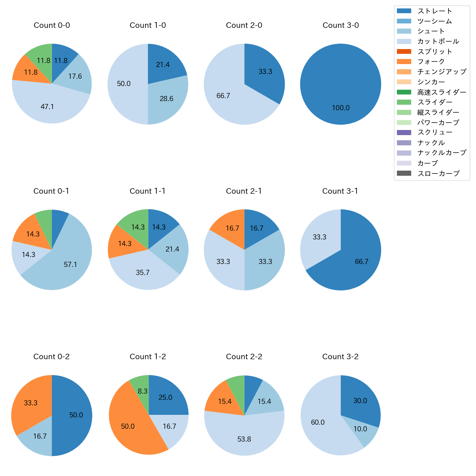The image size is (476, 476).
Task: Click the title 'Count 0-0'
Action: (x=52, y=25)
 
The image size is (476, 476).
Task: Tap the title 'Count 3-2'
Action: (x=341, y=357)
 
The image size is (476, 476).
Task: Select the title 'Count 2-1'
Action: (x=244, y=191)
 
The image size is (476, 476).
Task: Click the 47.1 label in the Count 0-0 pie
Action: (x=47, y=107)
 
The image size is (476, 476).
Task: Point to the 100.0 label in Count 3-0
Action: (x=341, y=108)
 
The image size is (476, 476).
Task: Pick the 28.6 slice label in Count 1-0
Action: (x=167, y=99)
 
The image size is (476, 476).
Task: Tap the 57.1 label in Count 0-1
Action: (x=70, y=264)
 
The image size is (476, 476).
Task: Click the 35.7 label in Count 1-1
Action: (x=143, y=273)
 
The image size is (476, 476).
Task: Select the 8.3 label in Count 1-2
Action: (x=143, y=391)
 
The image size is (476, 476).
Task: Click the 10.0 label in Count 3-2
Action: (x=360, y=429)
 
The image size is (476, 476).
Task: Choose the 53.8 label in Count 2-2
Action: (x=244, y=439)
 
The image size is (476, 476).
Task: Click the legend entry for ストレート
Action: (x=435, y=11)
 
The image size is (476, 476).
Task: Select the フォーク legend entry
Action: (x=431, y=62)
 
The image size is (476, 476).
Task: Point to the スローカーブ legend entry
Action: (x=438, y=174)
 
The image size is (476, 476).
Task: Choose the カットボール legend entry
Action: (x=438, y=41)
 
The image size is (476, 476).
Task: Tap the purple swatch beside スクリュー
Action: (x=404, y=133)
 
